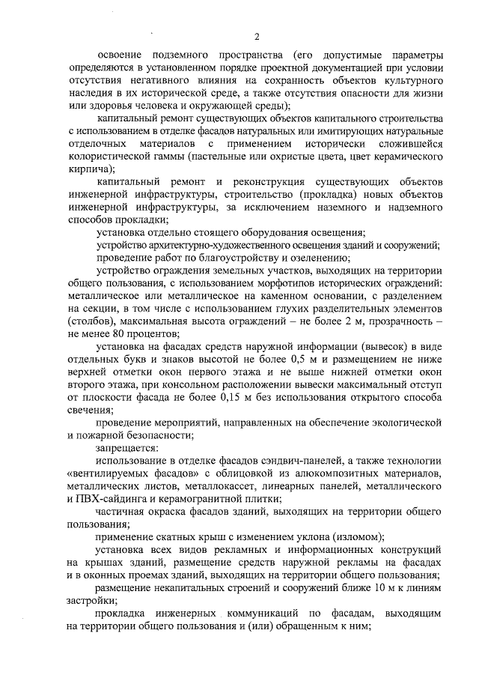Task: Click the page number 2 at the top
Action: [x=257, y=37]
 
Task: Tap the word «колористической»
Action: [x=109, y=156]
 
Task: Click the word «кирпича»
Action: [x=85, y=169]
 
